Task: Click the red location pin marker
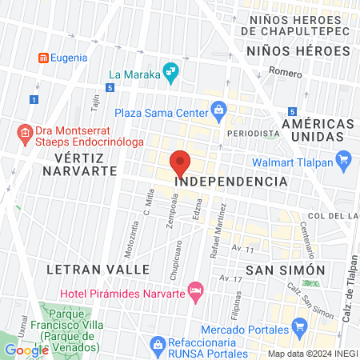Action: click(x=181, y=164)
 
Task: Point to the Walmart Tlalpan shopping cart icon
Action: click(x=345, y=158)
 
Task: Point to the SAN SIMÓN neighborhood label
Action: click(x=285, y=270)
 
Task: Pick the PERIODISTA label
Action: click(x=253, y=133)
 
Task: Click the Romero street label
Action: click(x=285, y=72)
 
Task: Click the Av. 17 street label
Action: click(x=232, y=278)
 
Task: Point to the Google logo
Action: click(x=26, y=350)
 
